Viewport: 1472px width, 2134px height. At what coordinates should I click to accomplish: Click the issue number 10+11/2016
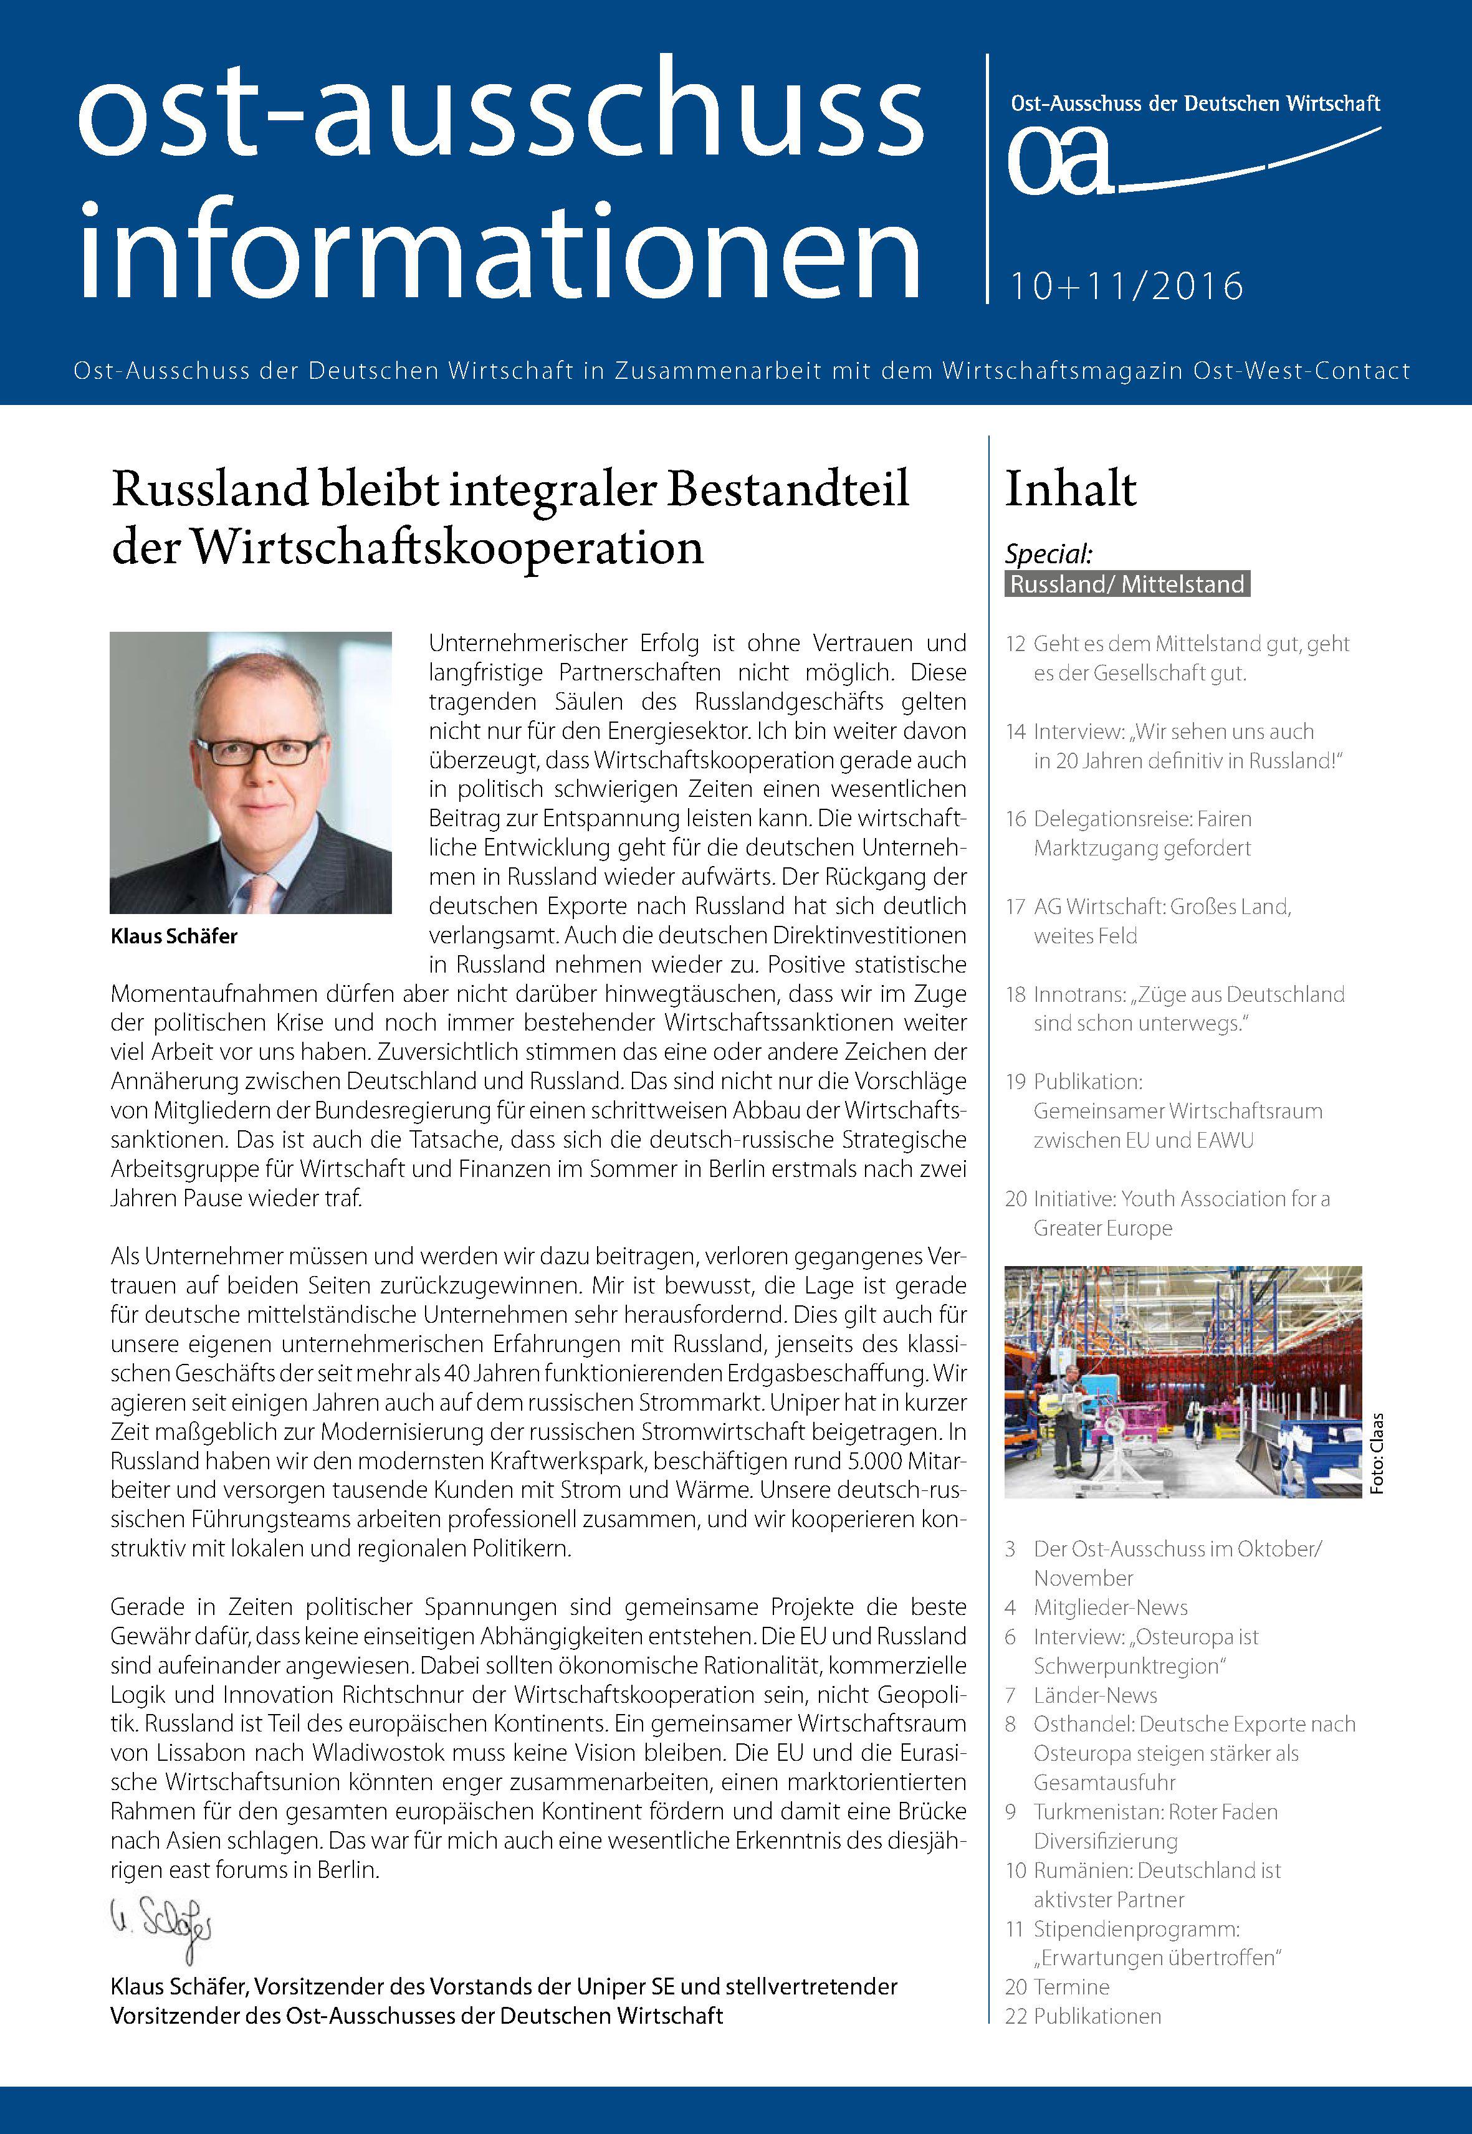coord(1126,286)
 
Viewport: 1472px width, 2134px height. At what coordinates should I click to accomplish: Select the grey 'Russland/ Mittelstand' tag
coord(1127,584)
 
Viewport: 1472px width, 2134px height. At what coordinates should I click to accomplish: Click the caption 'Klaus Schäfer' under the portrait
coord(174,936)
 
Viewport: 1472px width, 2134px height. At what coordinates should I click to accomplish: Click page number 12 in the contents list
coord(1015,644)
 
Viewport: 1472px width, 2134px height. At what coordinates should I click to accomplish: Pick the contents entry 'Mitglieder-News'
coord(1111,1608)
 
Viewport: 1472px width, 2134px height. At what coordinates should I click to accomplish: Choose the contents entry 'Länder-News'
coord(1095,1695)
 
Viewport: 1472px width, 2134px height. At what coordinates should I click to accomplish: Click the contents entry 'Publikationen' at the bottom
coord(1097,2016)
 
